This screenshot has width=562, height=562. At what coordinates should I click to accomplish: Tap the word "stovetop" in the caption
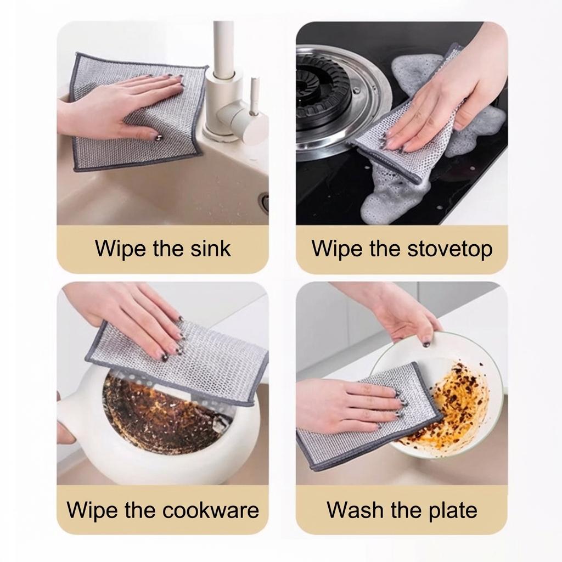(x=450, y=248)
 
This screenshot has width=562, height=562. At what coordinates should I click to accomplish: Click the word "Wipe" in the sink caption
(x=120, y=248)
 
